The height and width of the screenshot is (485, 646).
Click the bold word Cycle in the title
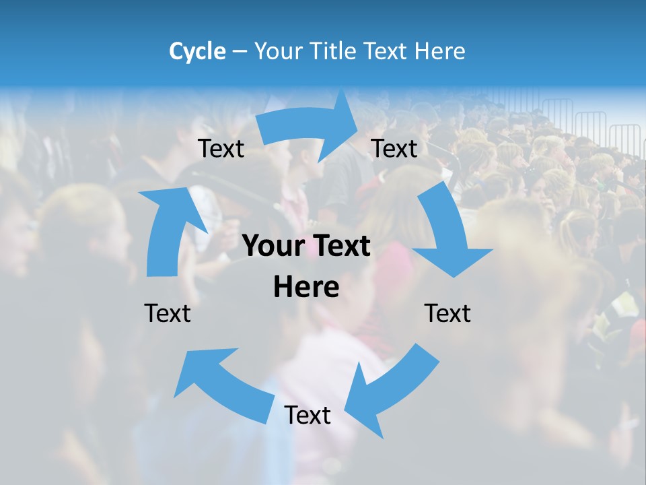(197, 51)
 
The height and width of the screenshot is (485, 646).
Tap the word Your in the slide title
(279, 51)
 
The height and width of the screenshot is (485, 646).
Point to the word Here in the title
(440, 51)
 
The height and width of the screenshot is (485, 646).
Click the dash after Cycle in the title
(239, 51)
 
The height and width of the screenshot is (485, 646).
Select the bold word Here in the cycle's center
(306, 287)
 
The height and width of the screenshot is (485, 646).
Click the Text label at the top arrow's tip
(394, 148)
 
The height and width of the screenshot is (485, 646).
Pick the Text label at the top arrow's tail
(221, 148)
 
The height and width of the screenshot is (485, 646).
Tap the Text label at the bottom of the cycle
(308, 415)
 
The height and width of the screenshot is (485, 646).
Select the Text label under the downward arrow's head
(447, 313)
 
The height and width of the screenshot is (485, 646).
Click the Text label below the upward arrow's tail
(168, 313)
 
